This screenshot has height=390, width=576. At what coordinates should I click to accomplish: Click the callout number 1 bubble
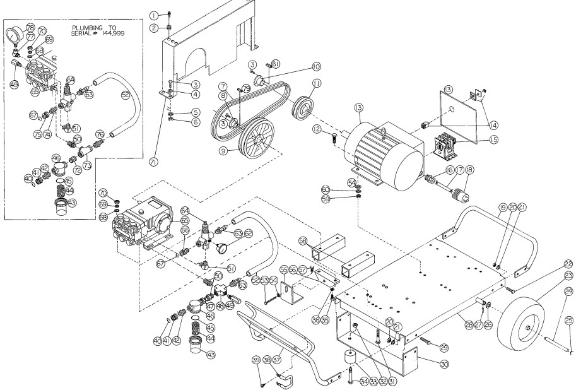(153, 15)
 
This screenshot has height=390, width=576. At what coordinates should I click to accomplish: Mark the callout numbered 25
(568, 321)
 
